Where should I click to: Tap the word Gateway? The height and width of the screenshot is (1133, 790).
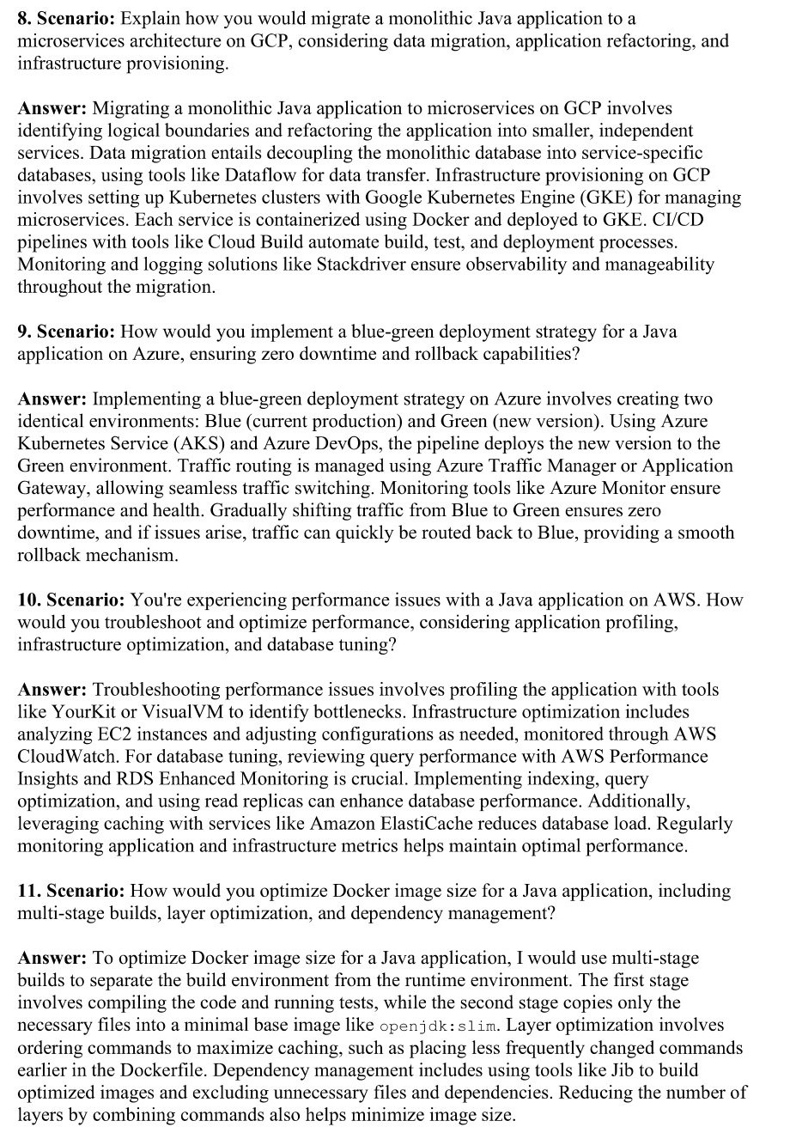coord(52,488)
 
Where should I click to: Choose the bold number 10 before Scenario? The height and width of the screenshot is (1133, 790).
coord(28,600)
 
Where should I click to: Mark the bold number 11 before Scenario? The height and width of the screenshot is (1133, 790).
coord(28,891)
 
